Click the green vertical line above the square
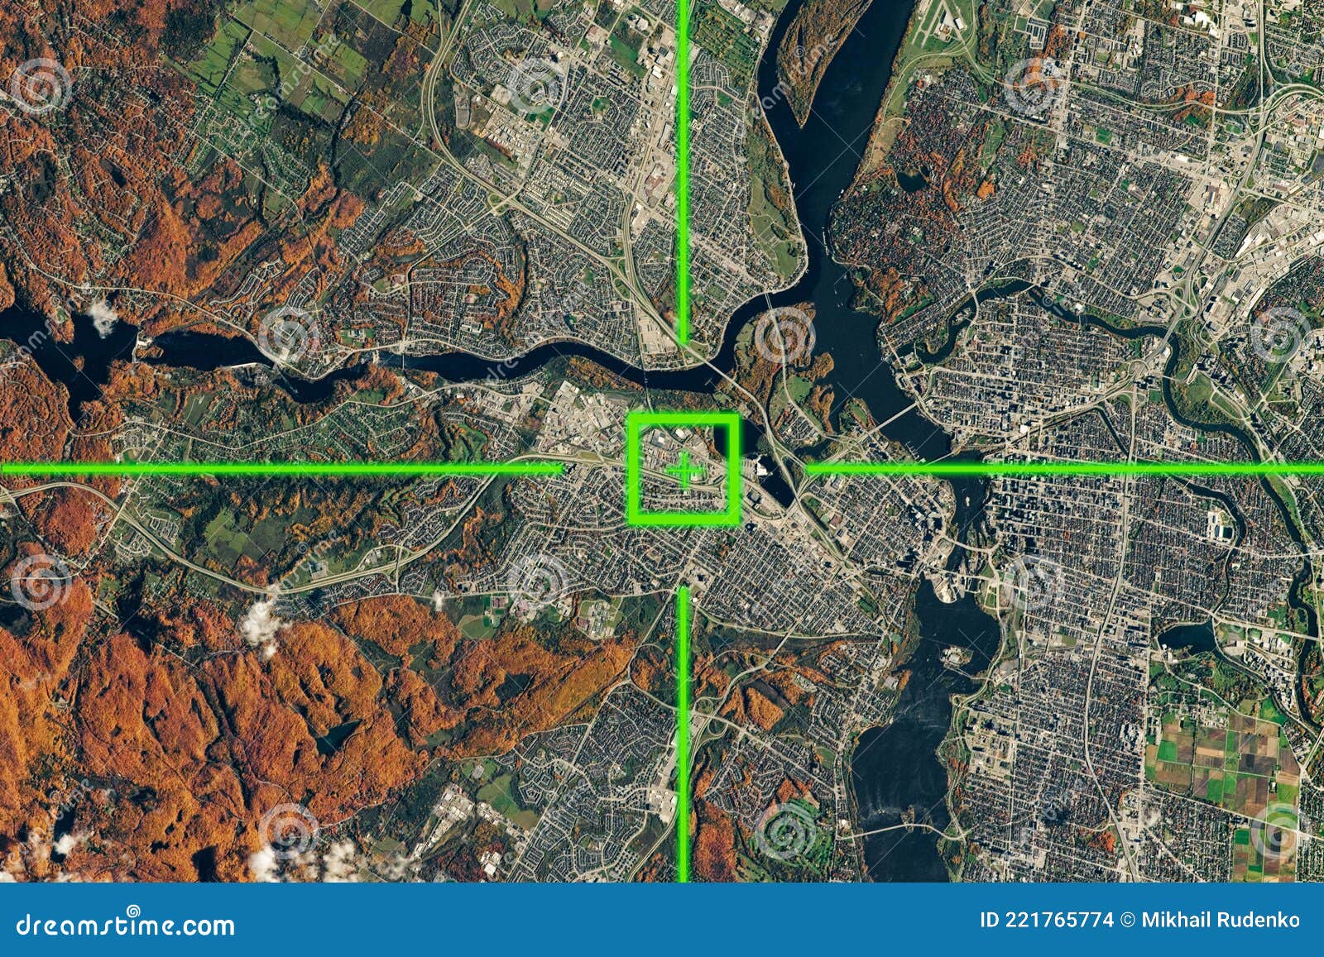click(684, 165)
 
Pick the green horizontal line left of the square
click(281, 469)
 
